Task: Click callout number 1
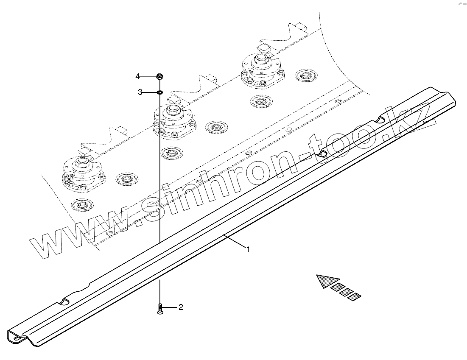pyautogui.click(x=249, y=249)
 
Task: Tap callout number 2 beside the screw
pyautogui.click(x=181, y=307)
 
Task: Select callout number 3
pyautogui.click(x=140, y=92)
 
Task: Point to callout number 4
pyautogui.click(x=137, y=76)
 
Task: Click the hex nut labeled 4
pyautogui.click(x=160, y=77)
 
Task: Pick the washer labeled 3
pyautogui.click(x=160, y=92)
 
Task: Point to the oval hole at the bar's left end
pyautogui.click(x=15, y=337)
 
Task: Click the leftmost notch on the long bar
pyautogui.click(x=64, y=301)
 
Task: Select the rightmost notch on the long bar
pyautogui.click(x=380, y=121)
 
